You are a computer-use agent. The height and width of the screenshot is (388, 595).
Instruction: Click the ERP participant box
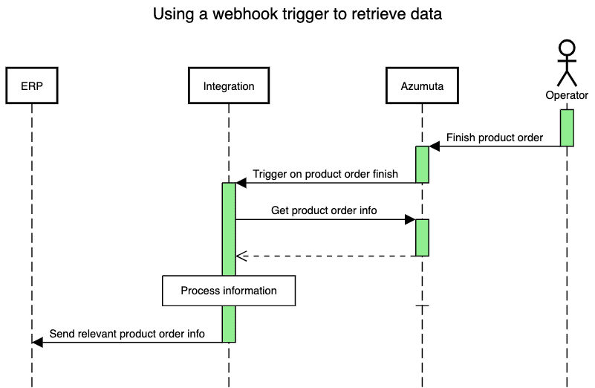[x=31, y=85]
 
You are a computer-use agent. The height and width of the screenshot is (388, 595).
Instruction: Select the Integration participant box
[x=229, y=85]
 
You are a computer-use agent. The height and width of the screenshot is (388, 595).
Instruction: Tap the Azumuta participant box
[x=422, y=85]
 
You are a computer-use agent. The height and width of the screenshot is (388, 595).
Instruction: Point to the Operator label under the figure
[x=567, y=95]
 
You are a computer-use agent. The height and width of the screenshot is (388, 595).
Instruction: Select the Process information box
[x=229, y=291]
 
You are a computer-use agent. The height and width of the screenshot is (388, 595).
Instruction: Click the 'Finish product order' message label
[x=494, y=138]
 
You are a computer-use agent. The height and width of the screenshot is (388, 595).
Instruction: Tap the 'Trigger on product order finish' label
[x=325, y=174]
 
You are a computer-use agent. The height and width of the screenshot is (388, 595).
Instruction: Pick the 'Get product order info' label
[x=324, y=210]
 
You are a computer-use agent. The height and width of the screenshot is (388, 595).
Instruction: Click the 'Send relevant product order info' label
[x=127, y=333]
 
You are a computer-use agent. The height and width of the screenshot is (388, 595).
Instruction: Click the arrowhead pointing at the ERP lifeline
[x=38, y=342]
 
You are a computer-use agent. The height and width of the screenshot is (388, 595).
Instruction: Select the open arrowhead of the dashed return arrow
[x=241, y=256]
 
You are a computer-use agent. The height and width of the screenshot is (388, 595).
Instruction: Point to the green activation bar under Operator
[x=567, y=127]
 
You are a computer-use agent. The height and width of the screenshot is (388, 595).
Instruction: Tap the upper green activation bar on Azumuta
[x=422, y=164]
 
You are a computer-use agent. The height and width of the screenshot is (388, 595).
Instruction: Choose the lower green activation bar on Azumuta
[x=422, y=237]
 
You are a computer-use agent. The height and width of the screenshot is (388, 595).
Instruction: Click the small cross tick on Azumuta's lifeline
[x=422, y=305]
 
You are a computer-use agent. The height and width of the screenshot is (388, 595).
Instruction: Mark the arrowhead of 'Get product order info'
[x=409, y=219]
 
